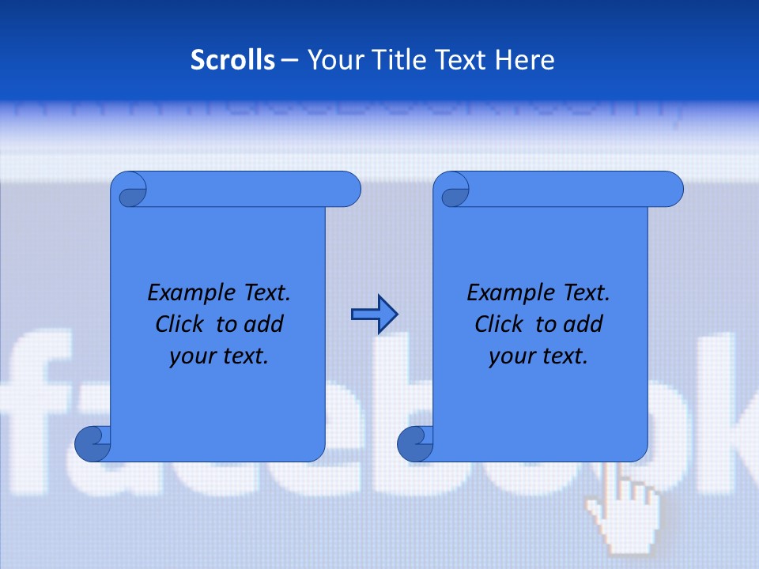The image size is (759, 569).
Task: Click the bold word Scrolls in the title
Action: coord(233,60)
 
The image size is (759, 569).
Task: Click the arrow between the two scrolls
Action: coord(374,315)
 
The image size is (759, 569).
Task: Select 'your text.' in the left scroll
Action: coord(219,356)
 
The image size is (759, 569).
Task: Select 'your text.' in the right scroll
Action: coord(538,356)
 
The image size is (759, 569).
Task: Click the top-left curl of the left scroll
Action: coord(129,190)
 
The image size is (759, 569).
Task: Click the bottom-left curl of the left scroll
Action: coord(93,443)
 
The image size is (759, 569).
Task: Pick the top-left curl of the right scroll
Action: coord(451,190)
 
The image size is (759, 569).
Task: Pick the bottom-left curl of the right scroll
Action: coord(415,443)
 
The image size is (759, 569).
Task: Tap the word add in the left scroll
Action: coord(264,324)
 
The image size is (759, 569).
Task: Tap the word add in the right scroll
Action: coord(583,324)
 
